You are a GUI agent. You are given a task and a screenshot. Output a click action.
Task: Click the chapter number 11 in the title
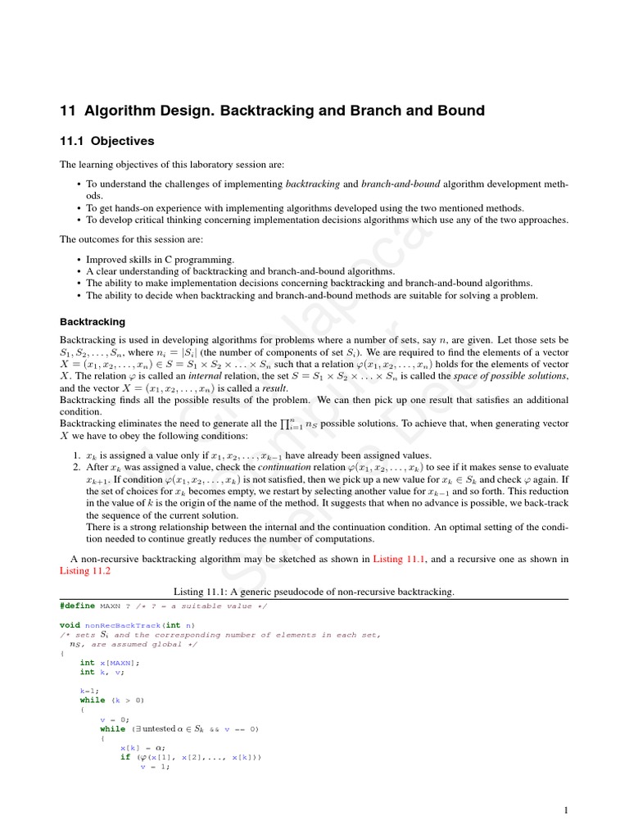point(68,111)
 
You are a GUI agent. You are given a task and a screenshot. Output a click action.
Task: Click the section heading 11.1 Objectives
point(107,142)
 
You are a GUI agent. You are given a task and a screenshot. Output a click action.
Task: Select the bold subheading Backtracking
point(93,322)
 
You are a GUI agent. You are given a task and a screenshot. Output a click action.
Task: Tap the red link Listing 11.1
point(400,559)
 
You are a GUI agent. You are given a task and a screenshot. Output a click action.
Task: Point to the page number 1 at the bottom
point(566,810)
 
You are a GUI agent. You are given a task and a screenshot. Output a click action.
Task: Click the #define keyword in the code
point(77,606)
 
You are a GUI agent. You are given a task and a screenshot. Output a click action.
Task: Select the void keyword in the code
point(70,624)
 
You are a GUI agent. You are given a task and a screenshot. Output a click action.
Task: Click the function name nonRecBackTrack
point(122,624)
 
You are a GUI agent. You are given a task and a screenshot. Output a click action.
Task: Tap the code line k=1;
point(89,691)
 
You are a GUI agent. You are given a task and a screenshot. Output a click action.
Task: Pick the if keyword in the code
point(125,757)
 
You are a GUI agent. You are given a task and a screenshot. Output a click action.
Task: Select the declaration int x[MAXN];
point(110,662)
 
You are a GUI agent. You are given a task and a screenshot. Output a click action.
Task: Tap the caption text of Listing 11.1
point(314,592)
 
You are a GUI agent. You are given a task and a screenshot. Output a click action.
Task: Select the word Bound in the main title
point(462,111)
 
